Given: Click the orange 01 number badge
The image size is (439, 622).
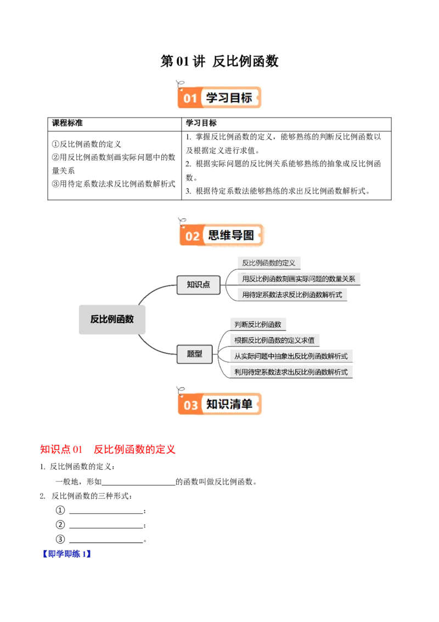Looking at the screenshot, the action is coord(190,98).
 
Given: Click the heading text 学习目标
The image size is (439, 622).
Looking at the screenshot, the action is coord(229,98).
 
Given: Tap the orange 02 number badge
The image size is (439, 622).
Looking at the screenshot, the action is coord(192,236).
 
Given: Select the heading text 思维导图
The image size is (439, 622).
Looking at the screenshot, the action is coord(231,236).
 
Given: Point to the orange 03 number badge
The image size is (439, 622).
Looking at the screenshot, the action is coord(190,406).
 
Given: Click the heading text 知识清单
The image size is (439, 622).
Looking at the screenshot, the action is coord(229,404).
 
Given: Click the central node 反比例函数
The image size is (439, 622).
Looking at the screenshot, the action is coord(112,319).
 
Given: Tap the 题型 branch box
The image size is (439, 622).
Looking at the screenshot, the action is coord(195,354).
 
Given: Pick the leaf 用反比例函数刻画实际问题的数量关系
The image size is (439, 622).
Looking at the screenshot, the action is coord(299,279).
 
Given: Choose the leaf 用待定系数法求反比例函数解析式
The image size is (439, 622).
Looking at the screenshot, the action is coord(292,295).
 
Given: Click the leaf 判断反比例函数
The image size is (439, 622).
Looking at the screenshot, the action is coord(258,324).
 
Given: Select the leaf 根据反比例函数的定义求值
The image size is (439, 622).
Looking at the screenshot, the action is coord(274,340).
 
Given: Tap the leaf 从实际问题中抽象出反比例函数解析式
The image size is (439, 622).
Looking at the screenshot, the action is coord(291,356).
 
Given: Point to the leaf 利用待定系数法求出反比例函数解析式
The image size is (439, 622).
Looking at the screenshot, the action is coord(291,372).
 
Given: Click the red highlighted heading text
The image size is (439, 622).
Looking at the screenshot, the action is coord(107,449).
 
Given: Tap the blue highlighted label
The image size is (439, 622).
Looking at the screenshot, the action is coord(66,553).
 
